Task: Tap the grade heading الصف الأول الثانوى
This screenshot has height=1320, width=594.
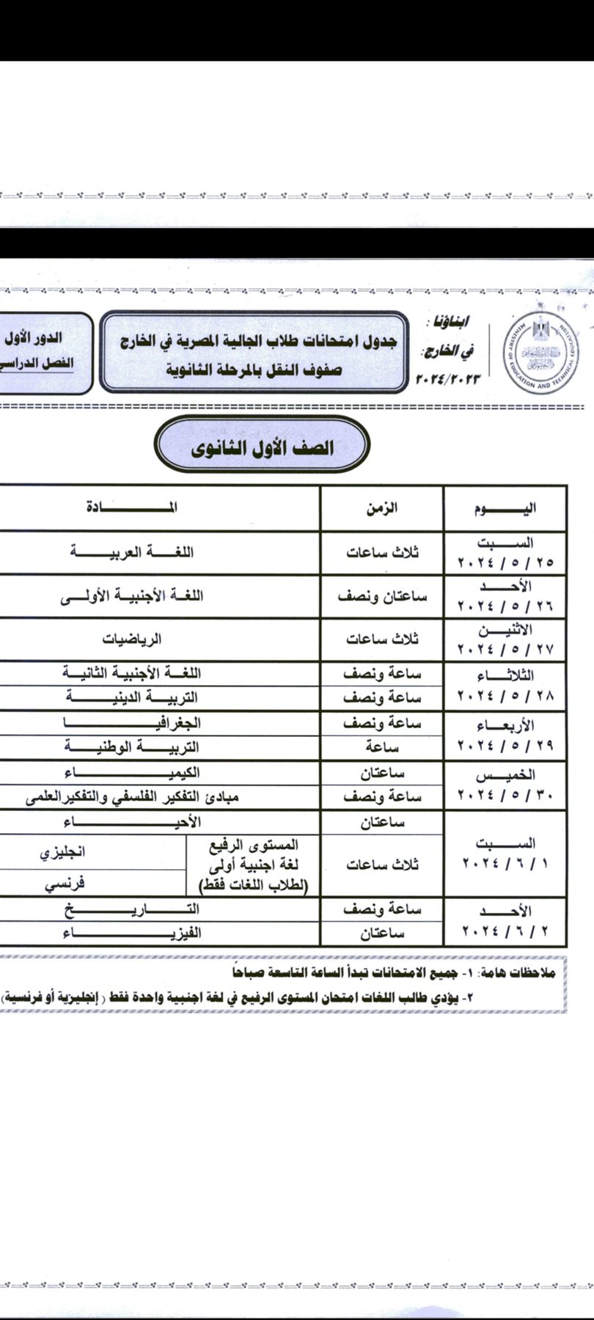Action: click(263, 448)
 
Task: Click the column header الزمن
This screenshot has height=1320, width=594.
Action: click(382, 508)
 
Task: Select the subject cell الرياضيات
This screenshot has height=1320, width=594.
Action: click(132, 639)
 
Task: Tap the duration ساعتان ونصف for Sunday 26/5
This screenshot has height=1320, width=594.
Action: click(382, 596)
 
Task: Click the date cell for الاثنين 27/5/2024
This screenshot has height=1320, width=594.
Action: click(506, 639)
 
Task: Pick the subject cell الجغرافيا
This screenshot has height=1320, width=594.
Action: click(132, 723)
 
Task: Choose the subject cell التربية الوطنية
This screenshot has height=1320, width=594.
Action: click(132, 747)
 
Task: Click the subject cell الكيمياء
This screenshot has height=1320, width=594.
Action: click(132, 773)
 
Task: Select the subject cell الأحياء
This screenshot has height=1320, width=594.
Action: click(132, 822)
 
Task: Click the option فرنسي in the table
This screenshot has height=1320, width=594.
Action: click(65, 884)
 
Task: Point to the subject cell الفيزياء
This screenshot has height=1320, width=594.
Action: click(132, 933)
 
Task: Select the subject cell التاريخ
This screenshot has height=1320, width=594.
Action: click(132, 909)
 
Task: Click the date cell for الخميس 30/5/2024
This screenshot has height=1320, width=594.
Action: click(506, 785)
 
